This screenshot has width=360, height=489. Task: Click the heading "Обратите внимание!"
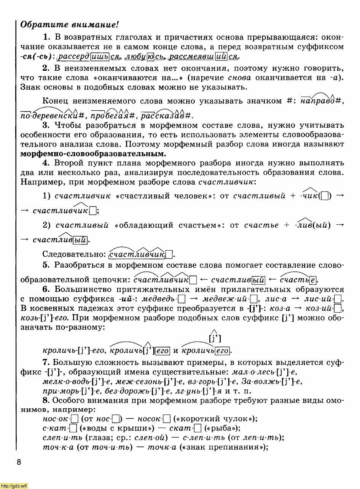[70, 25]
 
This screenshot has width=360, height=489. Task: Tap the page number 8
[19, 462]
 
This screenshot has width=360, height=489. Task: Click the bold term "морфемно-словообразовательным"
[93, 154]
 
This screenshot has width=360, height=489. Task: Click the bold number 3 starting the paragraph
[46, 125]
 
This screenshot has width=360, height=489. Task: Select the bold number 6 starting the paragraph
[46, 289]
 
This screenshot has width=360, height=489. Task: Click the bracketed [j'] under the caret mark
[215, 338]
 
